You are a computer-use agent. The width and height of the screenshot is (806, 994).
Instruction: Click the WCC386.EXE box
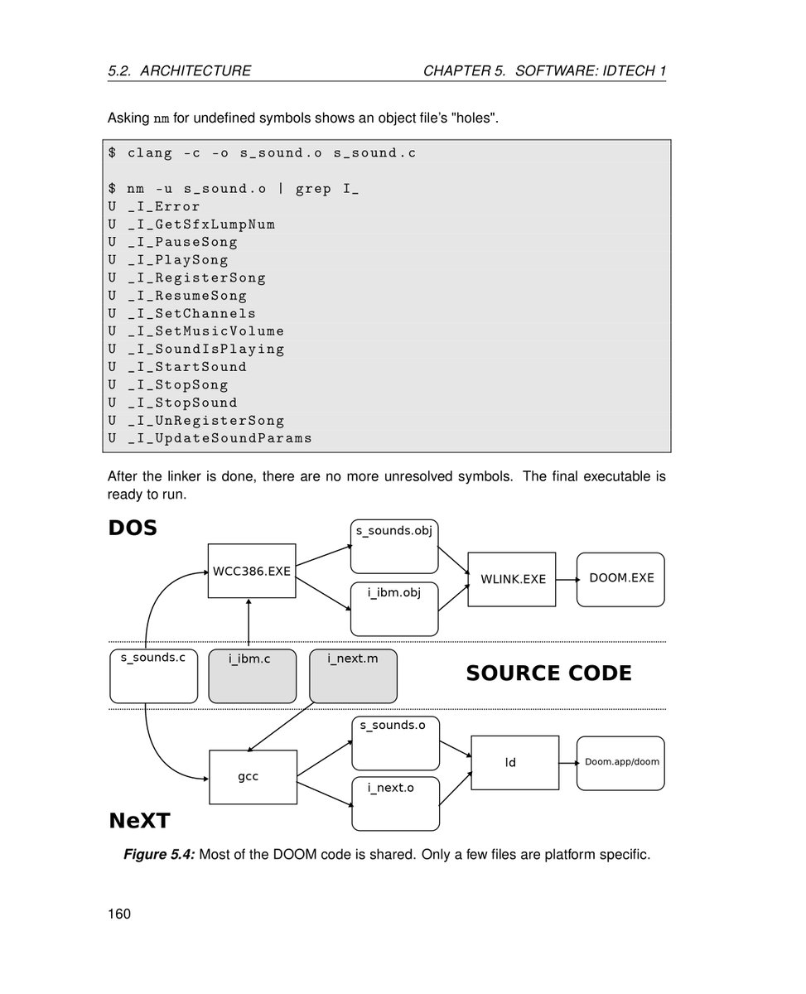click(x=252, y=571)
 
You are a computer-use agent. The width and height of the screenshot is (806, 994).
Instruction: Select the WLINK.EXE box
click(x=513, y=579)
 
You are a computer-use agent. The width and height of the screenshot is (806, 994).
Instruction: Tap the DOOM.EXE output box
click(x=620, y=579)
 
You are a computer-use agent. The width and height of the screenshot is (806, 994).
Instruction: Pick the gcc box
click(x=253, y=777)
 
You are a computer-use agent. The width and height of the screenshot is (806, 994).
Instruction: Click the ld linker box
click(x=514, y=762)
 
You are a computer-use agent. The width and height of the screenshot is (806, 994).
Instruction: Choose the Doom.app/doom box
click(x=620, y=763)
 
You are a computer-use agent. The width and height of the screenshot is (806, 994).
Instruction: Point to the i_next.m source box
click(x=353, y=676)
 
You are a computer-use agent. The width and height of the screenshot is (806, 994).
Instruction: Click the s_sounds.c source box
click(x=153, y=676)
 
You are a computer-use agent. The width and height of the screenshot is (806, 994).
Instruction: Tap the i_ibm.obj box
click(x=394, y=609)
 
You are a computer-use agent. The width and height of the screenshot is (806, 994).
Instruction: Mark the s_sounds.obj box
click(x=394, y=547)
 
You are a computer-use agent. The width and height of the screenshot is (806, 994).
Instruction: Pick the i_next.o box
click(x=395, y=803)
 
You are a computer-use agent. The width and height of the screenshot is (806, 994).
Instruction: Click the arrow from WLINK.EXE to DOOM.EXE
click(x=567, y=580)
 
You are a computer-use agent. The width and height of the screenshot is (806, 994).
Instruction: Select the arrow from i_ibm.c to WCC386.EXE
click(x=249, y=624)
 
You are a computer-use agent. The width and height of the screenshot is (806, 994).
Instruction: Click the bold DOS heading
click(x=133, y=528)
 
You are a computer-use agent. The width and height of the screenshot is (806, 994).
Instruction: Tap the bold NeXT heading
click(x=139, y=821)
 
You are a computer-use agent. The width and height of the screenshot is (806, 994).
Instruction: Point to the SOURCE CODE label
click(x=548, y=673)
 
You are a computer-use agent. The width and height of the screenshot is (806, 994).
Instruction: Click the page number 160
click(x=119, y=914)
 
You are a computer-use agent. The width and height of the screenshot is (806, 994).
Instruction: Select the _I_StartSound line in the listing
click(x=187, y=367)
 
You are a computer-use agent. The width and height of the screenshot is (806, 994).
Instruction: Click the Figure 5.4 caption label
click(x=159, y=854)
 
